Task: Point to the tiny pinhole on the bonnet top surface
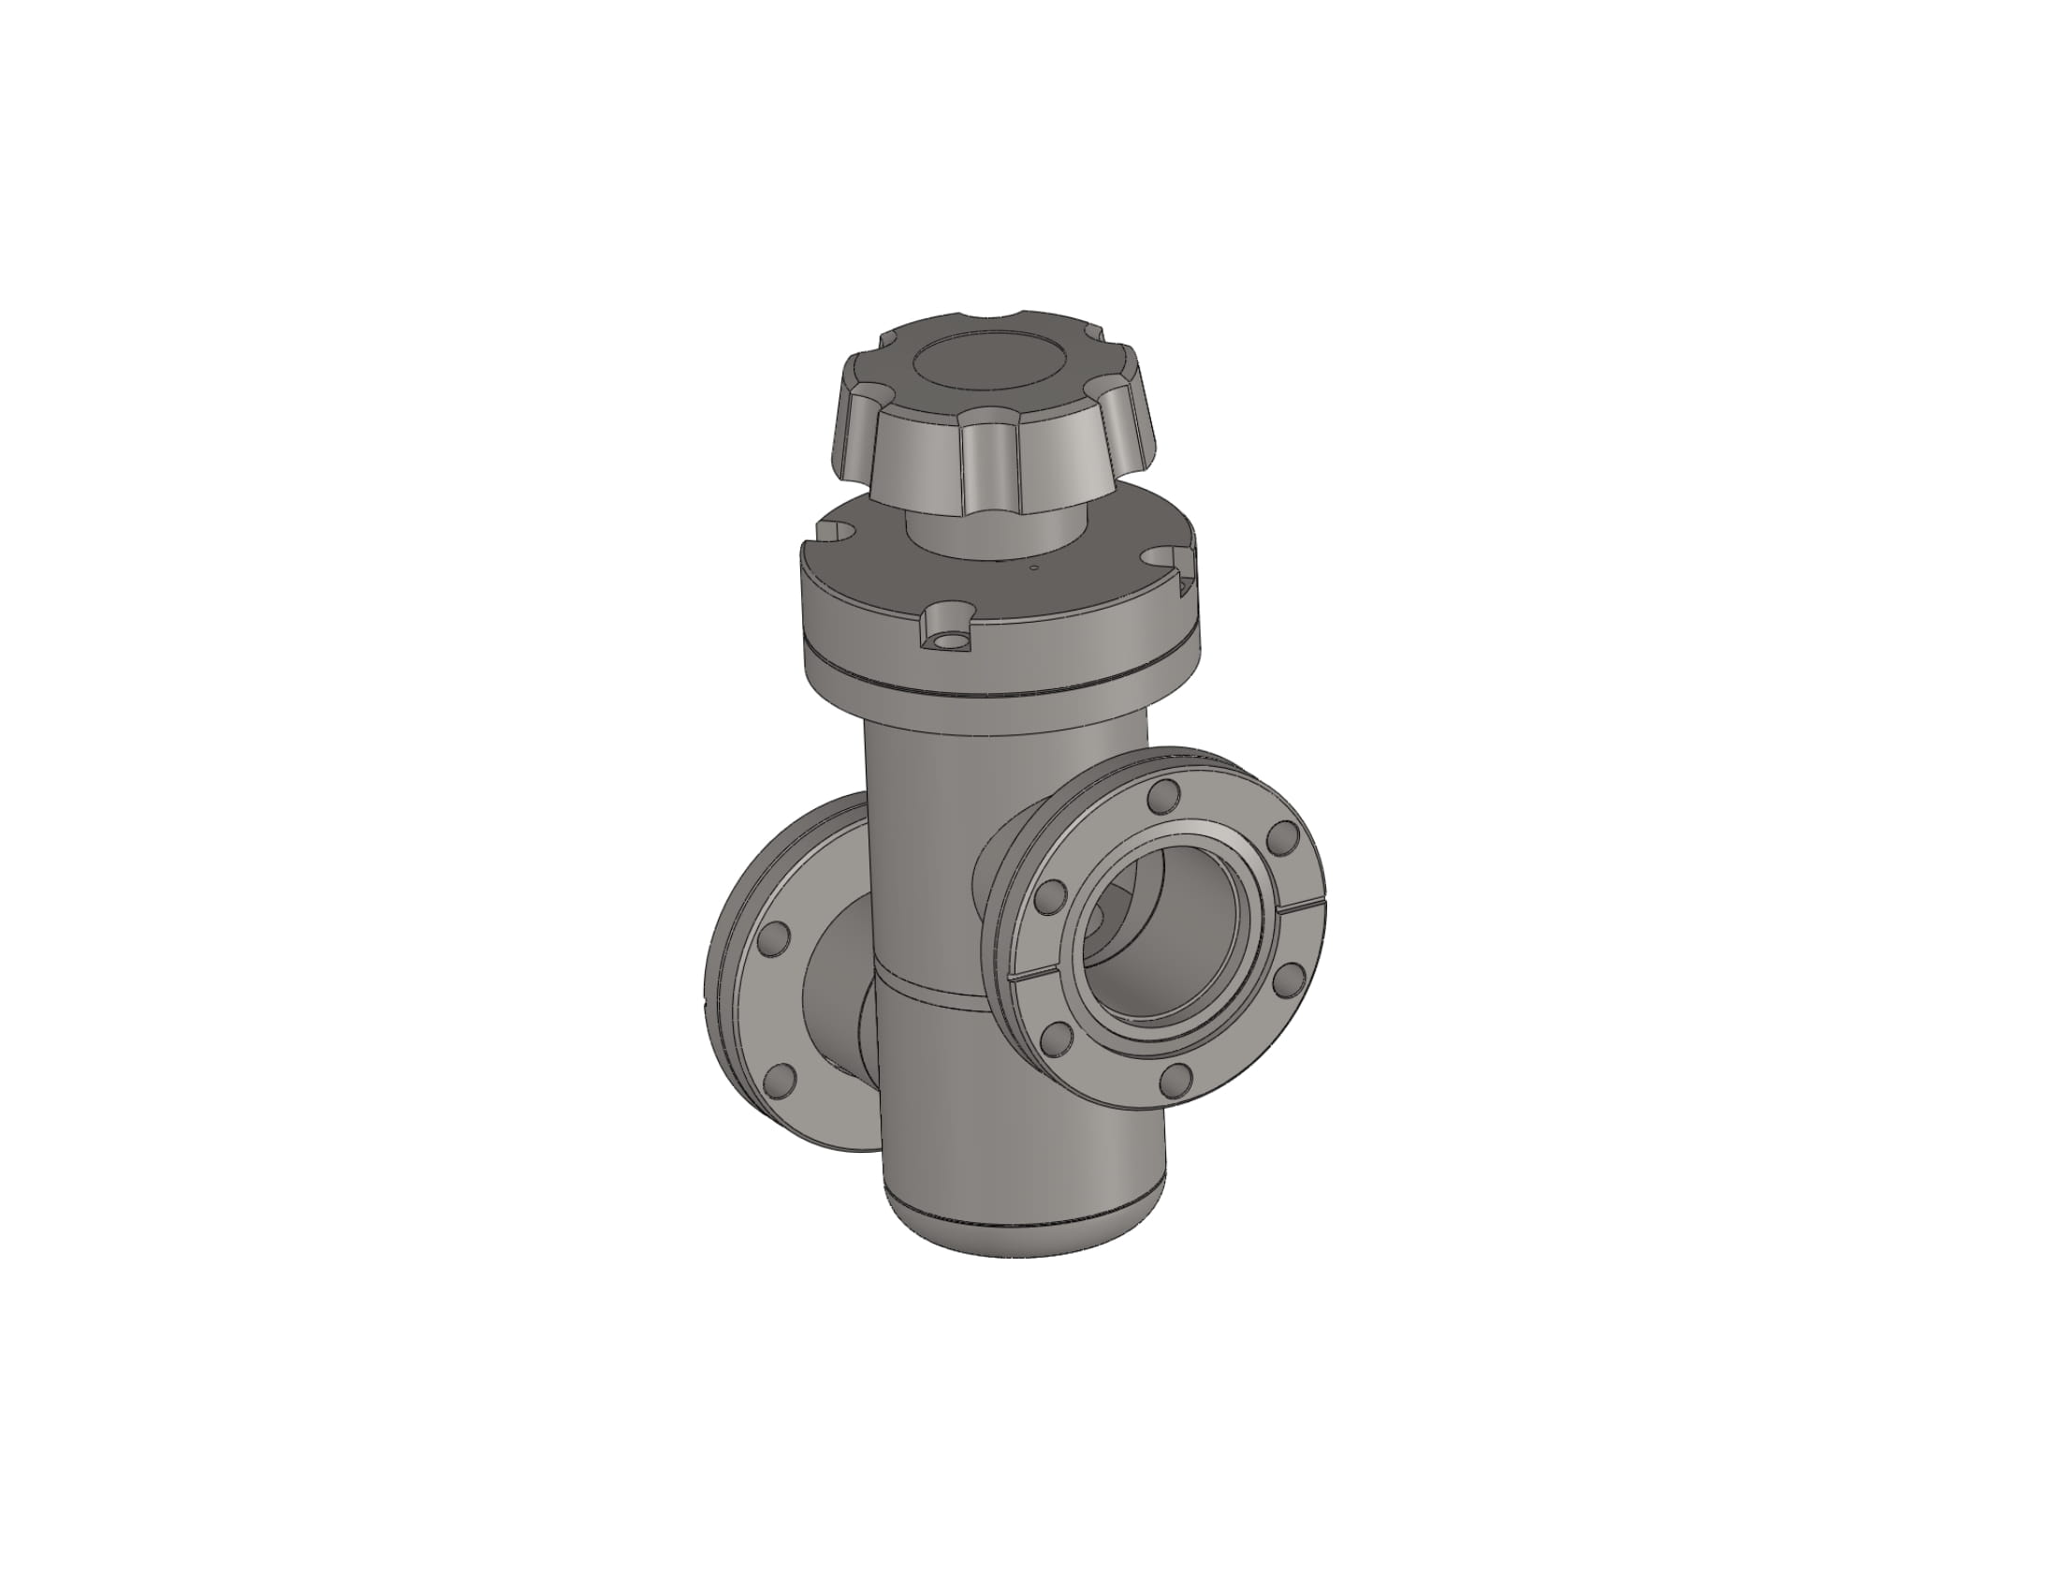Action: coord(1034,568)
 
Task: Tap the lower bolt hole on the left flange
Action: coord(779,1078)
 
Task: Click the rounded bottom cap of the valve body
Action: coord(1023,1235)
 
